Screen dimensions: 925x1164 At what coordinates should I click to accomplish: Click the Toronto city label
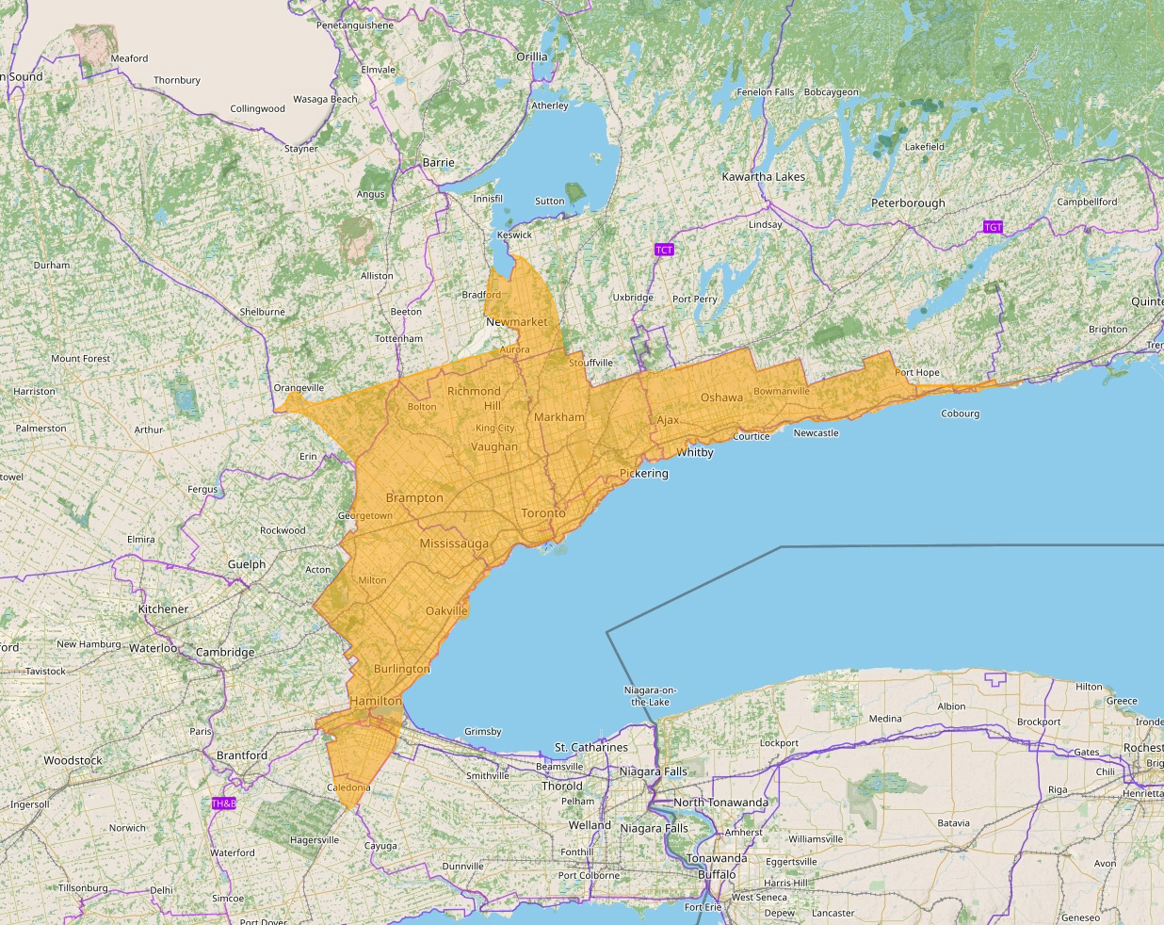543,513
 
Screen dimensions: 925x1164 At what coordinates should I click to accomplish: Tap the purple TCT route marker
664,250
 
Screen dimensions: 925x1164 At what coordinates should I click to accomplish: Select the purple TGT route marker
993,227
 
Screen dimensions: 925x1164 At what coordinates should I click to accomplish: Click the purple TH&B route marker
223,803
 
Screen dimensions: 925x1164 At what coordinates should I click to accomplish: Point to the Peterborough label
908,203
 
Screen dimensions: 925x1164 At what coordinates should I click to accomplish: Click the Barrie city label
438,162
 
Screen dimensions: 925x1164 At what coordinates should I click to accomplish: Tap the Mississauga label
454,544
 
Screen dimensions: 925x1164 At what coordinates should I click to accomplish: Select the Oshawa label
721,398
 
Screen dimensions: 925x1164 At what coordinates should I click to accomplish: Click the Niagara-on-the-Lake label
650,696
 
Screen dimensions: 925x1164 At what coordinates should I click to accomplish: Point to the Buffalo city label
717,874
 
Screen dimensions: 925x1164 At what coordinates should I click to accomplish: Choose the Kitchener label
163,609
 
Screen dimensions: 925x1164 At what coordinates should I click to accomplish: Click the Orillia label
531,57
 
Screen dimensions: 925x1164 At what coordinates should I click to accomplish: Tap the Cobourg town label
960,414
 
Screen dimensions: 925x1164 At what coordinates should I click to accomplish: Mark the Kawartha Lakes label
763,176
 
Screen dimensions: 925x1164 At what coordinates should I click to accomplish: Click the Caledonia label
348,787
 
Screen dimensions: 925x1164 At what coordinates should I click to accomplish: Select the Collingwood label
257,108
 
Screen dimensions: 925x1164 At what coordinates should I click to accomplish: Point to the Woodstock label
73,760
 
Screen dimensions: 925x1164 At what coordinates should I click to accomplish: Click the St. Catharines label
590,747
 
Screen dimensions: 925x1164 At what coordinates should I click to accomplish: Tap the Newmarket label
516,321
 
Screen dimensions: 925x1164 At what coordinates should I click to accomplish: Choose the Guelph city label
247,564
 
